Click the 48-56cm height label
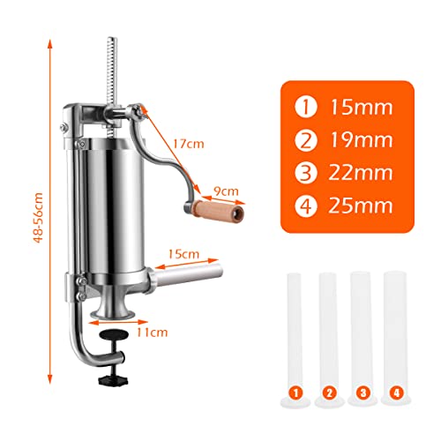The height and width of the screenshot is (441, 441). click(39, 218)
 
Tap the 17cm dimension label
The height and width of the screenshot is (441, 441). click(188, 144)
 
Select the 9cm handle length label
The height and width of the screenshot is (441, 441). click(226, 191)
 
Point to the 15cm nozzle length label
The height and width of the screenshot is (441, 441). click(183, 254)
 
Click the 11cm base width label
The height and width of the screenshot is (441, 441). click(152, 333)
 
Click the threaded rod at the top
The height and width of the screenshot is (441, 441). click(112, 71)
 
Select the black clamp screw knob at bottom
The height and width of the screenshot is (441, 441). click(113, 379)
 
